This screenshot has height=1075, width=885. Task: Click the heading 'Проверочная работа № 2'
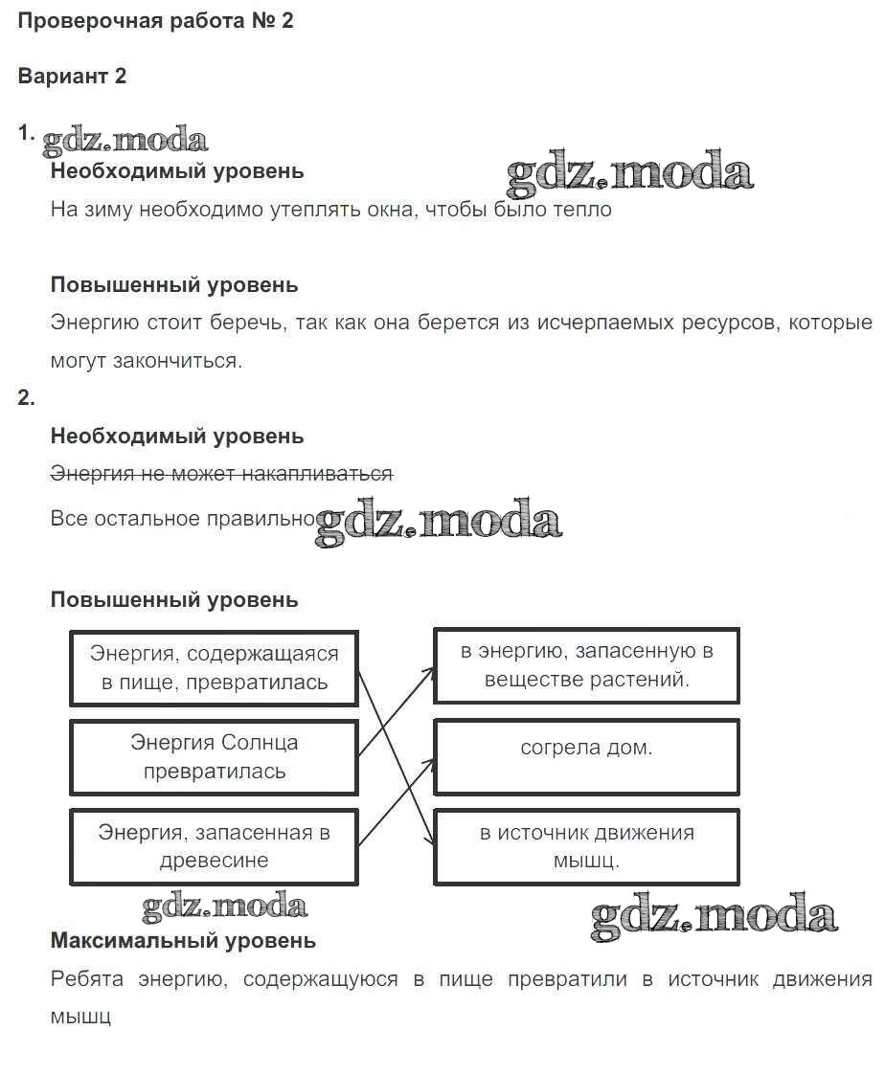tap(155, 21)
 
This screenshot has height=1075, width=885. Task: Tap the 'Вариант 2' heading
tap(72, 77)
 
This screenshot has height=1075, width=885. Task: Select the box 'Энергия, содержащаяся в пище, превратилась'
tap(214, 667)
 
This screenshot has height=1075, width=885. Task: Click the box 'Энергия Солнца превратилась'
tap(214, 756)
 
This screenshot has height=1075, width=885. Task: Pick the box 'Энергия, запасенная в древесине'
tap(214, 846)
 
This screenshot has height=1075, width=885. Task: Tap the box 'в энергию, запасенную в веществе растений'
tap(586, 665)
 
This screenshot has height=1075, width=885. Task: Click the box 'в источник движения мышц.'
tap(586, 846)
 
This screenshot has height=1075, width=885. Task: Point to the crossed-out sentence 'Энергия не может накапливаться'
tap(221, 474)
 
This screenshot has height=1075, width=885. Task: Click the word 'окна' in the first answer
tap(388, 210)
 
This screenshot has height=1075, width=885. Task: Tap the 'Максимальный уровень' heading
tap(183, 941)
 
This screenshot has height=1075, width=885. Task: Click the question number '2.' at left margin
tap(26, 398)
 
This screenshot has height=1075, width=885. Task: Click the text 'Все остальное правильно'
tap(183, 519)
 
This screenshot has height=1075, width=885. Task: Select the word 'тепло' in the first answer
tap(582, 210)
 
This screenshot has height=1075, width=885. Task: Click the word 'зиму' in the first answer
tap(107, 210)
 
